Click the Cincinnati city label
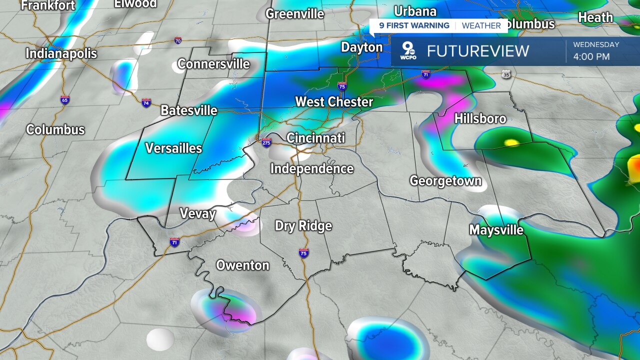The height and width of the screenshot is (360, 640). tap(315, 138)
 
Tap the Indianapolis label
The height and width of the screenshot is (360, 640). tap(61, 53)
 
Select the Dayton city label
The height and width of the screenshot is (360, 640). tap(361, 47)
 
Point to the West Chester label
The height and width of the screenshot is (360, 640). tap(334, 102)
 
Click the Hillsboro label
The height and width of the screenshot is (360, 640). tap(480, 118)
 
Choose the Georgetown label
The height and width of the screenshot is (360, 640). tap(445, 181)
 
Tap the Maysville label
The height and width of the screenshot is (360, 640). tap(496, 230)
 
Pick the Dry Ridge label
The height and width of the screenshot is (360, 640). tap(303, 226)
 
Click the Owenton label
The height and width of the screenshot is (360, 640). tap(242, 265)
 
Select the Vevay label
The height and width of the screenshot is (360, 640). tap(197, 214)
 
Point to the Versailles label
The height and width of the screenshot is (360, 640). tap(173, 148)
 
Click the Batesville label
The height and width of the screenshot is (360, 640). tap(189, 110)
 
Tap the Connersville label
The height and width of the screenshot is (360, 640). tap(213, 64)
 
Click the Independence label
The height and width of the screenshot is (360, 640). tap(312, 169)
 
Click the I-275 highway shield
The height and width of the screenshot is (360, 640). tap(266, 142)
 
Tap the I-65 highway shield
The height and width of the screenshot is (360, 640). tap(65, 100)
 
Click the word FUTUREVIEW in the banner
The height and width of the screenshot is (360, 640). tap(477, 51)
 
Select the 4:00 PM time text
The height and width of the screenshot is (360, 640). tap(591, 56)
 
